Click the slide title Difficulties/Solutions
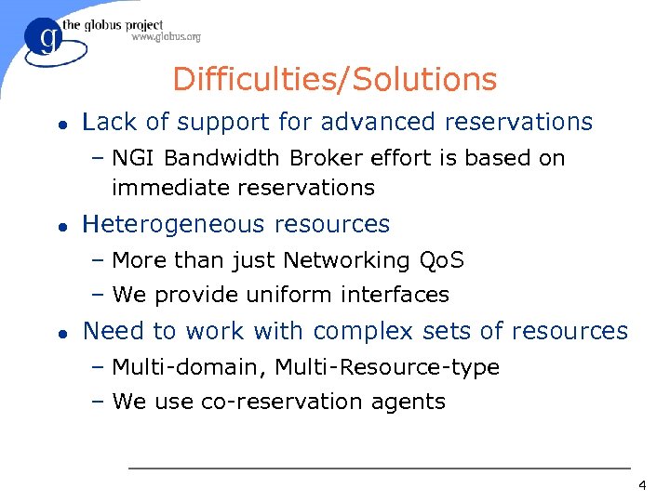(x=335, y=79)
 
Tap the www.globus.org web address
(x=166, y=37)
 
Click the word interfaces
(x=395, y=296)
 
